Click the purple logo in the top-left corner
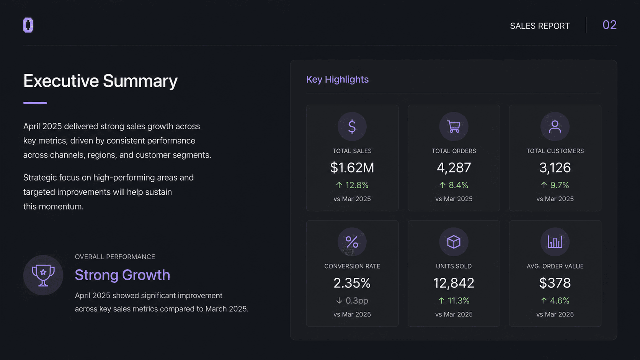pyautogui.click(x=28, y=25)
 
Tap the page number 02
pyautogui.click(x=609, y=25)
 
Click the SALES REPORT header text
pyautogui.click(x=540, y=26)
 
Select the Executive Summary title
pyautogui.click(x=100, y=81)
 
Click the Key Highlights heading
pyautogui.click(x=338, y=79)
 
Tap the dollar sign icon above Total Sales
pyautogui.click(x=352, y=127)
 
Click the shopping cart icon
pyautogui.click(x=454, y=127)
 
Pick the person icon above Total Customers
pyautogui.click(x=555, y=127)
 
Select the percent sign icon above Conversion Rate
pyautogui.click(x=352, y=242)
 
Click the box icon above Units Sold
pyautogui.click(x=454, y=242)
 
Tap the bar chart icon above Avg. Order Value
pyautogui.click(x=555, y=242)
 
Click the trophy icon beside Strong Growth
pyautogui.click(x=43, y=275)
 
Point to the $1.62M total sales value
pyautogui.click(x=352, y=168)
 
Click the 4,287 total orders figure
pyautogui.click(x=454, y=168)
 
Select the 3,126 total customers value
pyautogui.click(x=555, y=168)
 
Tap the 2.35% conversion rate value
pyautogui.click(x=352, y=283)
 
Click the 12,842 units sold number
pyautogui.click(x=454, y=283)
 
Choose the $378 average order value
pyautogui.click(x=555, y=283)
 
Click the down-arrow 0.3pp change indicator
pyautogui.click(x=352, y=301)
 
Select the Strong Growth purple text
pyautogui.click(x=122, y=275)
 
